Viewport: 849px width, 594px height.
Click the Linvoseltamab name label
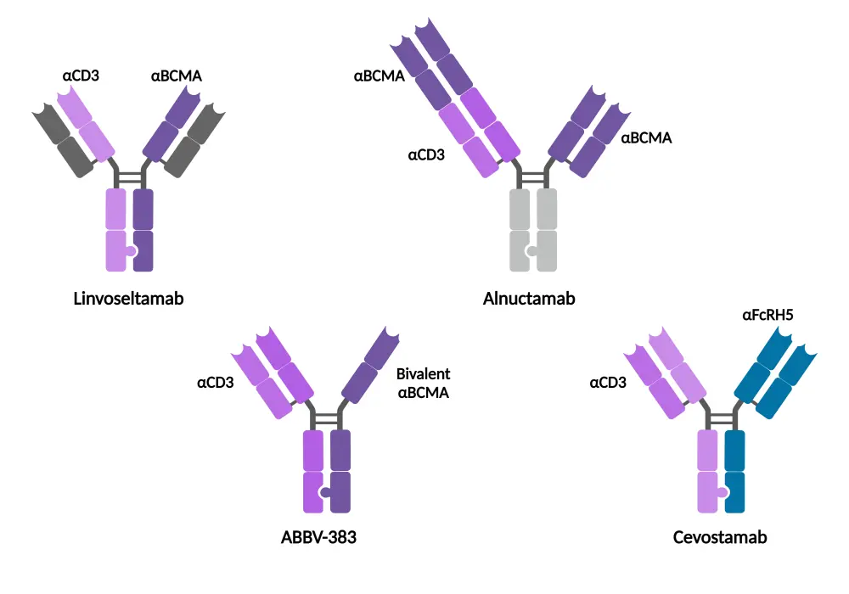coord(128,299)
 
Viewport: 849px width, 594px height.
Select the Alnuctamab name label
coord(530,299)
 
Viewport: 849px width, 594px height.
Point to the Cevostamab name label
coord(720,537)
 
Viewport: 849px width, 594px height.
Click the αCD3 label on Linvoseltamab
coord(81,76)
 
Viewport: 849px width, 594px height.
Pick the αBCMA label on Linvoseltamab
coord(177,76)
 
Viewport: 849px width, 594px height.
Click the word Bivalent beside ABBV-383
coord(423,374)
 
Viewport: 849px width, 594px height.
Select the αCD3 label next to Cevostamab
coord(608,383)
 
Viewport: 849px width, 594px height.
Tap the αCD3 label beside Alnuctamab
coord(426,155)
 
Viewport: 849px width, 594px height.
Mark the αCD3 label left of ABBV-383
coord(215,383)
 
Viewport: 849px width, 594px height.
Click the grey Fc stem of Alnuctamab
coord(533,230)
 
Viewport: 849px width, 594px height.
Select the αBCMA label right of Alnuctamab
coord(646,137)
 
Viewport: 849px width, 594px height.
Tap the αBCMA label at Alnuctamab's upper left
coord(380,76)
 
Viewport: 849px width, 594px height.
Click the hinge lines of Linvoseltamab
coord(129,177)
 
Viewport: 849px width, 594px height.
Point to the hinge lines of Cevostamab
coord(721,418)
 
